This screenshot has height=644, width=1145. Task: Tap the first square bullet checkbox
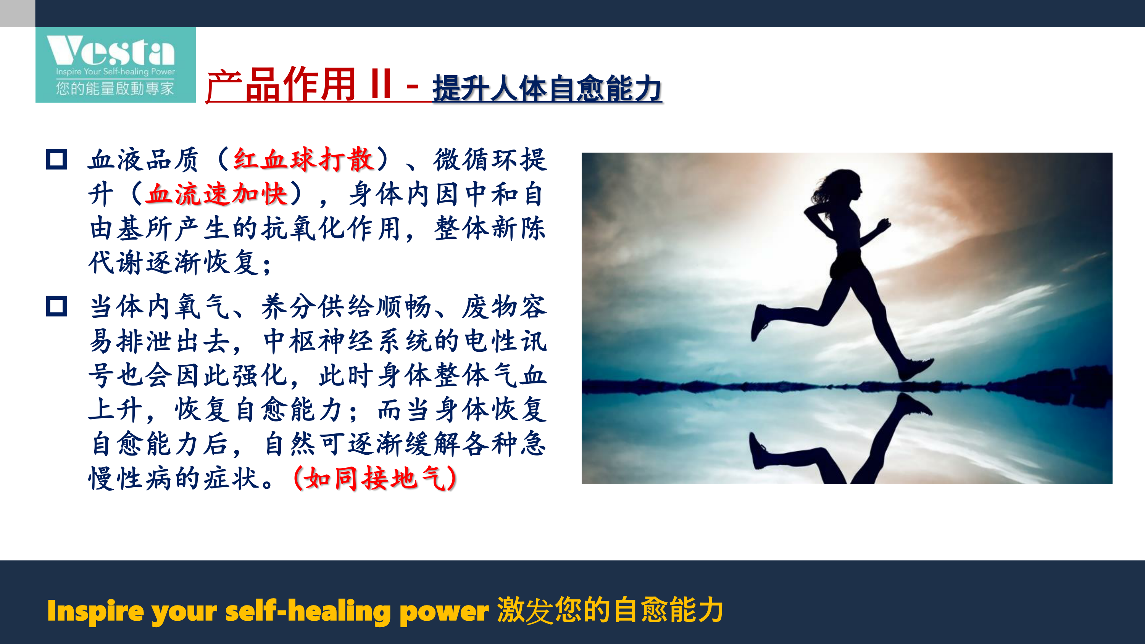click(x=56, y=159)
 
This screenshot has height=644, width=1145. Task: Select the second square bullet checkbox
click(x=56, y=306)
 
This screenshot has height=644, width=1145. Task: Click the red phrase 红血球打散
click(x=303, y=159)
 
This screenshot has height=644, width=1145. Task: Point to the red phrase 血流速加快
click(x=217, y=194)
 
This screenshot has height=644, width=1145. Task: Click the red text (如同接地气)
click(x=375, y=478)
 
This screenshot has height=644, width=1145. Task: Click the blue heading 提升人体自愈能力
click(x=547, y=88)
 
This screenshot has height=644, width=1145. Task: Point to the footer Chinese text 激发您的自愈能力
click(x=610, y=610)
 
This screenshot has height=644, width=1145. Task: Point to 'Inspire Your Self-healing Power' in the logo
click(x=115, y=71)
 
